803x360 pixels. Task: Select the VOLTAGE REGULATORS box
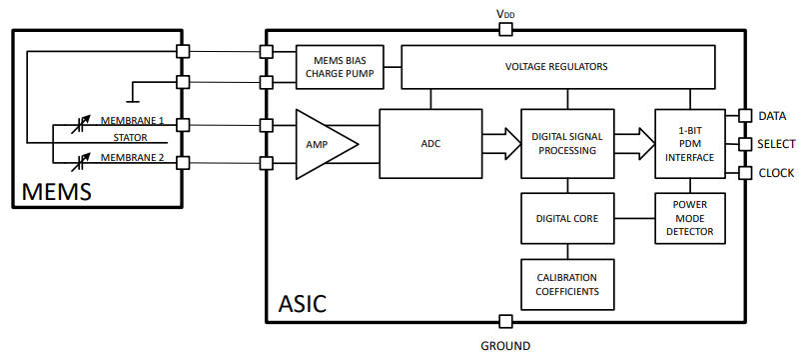pos(557,67)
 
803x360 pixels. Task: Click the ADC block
pos(430,143)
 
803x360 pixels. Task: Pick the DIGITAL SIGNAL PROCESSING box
pos(566,143)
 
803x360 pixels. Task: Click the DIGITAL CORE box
pos(566,217)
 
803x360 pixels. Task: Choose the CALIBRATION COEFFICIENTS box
pos(566,285)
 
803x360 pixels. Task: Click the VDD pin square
pos(505,30)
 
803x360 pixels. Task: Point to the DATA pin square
pos(744,115)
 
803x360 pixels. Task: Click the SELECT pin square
pos(744,144)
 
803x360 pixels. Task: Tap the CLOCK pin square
pos(744,172)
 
